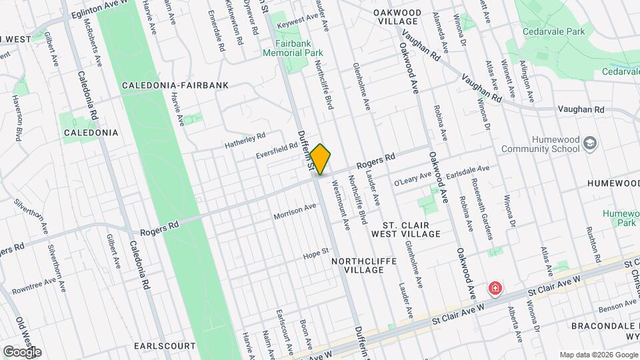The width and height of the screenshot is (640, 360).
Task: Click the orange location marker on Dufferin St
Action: tap(321, 159)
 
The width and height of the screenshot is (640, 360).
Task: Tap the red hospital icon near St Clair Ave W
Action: tap(495, 289)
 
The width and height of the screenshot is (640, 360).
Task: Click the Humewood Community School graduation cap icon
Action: tap(589, 143)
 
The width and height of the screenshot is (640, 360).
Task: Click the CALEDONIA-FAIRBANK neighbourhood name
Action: tap(175, 85)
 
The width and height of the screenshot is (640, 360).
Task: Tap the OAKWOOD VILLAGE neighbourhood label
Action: tap(397, 17)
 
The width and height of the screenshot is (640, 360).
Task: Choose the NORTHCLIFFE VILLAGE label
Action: tap(365, 265)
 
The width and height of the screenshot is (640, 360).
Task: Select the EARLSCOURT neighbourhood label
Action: tap(165, 346)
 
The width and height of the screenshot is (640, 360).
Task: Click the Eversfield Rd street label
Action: tap(277, 150)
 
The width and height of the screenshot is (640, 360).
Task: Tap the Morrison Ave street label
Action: tap(295, 212)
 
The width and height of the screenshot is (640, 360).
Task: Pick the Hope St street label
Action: tap(317, 253)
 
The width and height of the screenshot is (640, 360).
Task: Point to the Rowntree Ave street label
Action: tap(39, 287)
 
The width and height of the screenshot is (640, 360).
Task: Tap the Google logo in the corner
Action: tap(22, 351)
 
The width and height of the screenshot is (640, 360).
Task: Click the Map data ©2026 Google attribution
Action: tap(597, 355)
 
